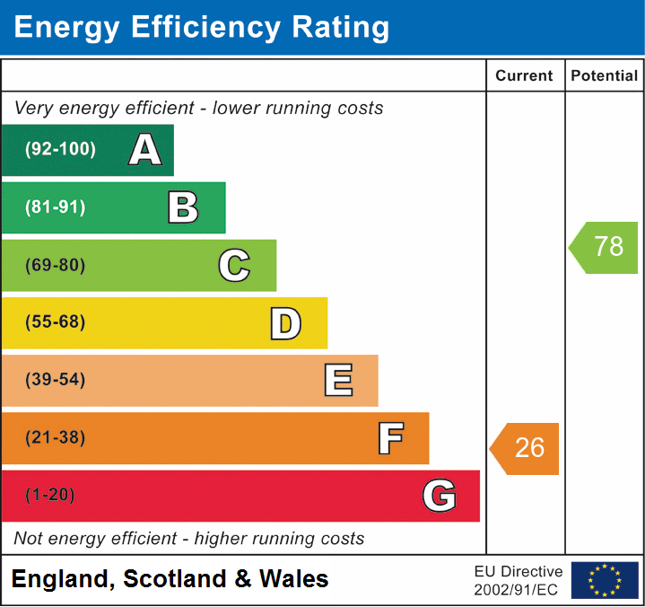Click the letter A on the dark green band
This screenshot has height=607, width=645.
[145, 150]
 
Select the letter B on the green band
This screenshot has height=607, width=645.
[183, 207]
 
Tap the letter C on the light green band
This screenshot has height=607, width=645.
[234, 265]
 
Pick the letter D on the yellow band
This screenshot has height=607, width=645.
[285, 323]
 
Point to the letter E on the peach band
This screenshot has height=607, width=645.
[337, 381]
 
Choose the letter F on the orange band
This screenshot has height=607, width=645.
[389, 438]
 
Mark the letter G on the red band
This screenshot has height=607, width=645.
[440, 496]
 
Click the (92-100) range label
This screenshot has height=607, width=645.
[61, 150]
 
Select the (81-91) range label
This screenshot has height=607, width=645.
[56, 207]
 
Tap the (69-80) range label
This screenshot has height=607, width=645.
[56, 265]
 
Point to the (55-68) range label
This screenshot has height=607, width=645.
[56, 322]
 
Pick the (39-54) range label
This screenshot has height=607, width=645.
[56, 380]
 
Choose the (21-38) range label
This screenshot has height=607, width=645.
[56, 438]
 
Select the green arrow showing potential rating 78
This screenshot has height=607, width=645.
[605, 247]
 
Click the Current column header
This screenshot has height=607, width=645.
[525, 76]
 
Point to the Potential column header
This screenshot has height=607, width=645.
[605, 76]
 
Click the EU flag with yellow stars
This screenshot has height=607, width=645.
[605, 580]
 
